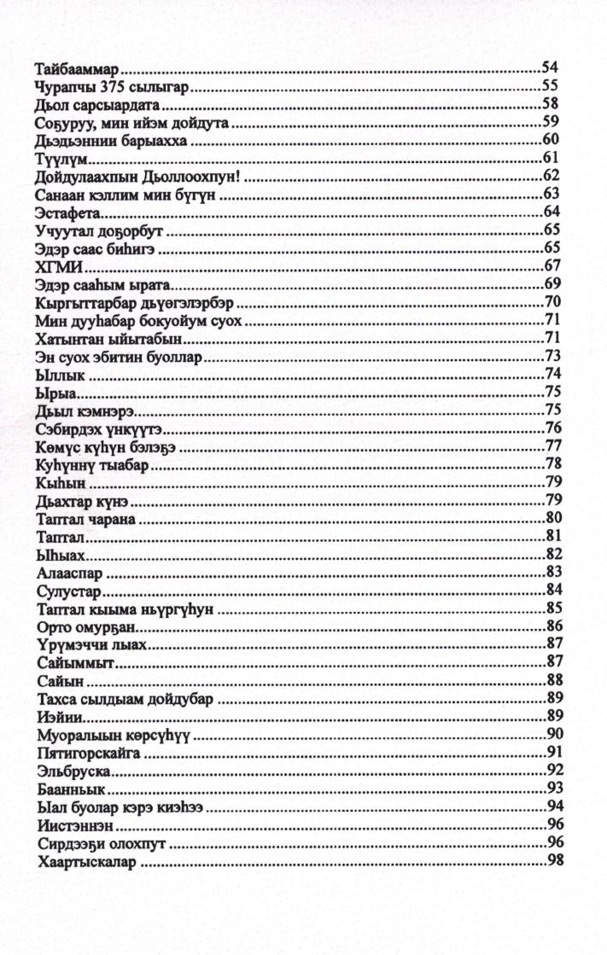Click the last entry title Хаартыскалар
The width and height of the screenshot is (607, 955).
click(x=88, y=863)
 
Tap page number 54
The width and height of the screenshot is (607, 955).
click(x=550, y=67)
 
